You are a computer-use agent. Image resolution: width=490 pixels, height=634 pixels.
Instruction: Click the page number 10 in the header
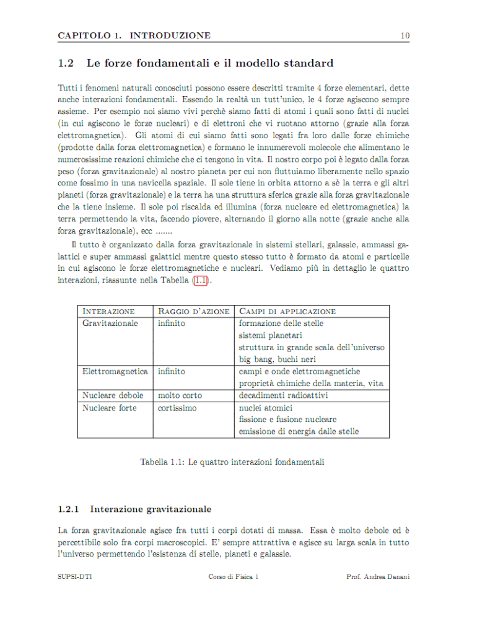click(x=405, y=35)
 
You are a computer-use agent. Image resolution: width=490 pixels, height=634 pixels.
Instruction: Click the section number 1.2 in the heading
click(x=66, y=63)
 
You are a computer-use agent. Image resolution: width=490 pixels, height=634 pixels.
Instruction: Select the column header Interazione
click(x=108, y=311)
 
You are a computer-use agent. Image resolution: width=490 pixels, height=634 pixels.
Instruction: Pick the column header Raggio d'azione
click(x=194, y=311)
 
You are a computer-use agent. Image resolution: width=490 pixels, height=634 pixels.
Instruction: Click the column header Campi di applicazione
click(x=287, y=311)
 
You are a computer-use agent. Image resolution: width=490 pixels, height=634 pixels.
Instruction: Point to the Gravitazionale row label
click(x=110, y=323)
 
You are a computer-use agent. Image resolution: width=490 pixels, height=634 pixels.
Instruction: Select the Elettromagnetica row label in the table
click(x=115, y=371)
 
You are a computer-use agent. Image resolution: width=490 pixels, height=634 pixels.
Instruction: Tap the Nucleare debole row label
click(x=113, y=395)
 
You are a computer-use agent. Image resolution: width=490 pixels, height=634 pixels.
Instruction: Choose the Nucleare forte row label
click(x=110, y=408)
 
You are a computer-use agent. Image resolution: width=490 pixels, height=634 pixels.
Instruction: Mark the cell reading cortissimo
click(x=177, y=408)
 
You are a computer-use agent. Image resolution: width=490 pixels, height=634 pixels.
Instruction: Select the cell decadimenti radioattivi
click(x=284, y=395)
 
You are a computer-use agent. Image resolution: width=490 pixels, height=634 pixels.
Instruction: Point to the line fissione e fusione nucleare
click(x=288, y=420)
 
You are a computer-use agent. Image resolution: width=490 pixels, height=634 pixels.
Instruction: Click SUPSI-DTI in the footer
click(x=71, y=577)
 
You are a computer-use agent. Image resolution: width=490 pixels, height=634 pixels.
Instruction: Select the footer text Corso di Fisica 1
click(x=234, y=577)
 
